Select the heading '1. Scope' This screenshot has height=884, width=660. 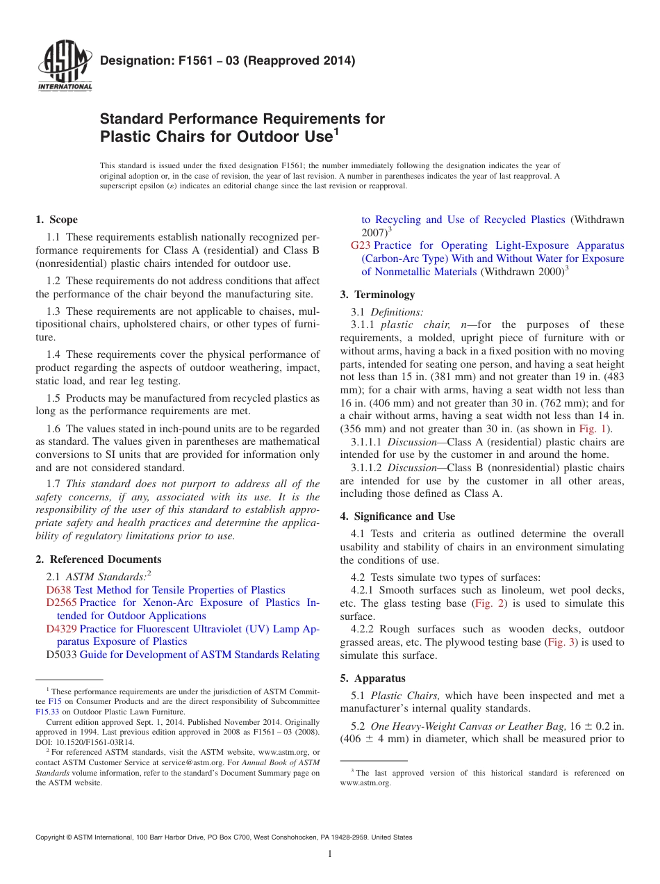(x=56, y=220)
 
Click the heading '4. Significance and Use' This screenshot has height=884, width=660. (x=397, y=516)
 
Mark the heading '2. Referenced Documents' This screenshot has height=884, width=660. (x=98, y=559)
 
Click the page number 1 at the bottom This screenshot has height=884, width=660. (x=330, y=853)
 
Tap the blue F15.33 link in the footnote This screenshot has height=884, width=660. (x=46, y=712)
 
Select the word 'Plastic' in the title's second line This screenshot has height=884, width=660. (x=127, y=136)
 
